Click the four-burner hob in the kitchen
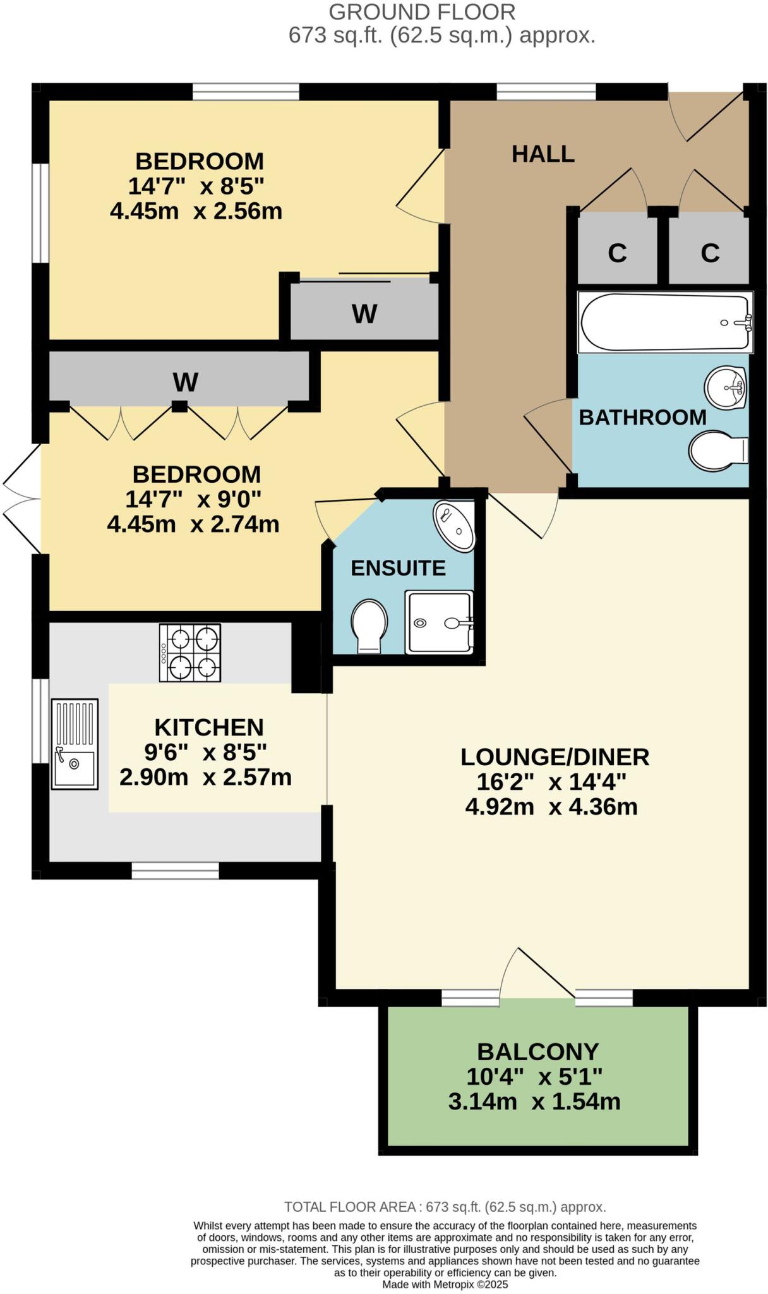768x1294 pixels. pyautogui.click(x=189, y=652)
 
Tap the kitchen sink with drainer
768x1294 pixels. pyautogui.click(x=75, y=744)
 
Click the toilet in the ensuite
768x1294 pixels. pyautogui.click(x=369, y=626)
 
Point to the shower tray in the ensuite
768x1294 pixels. pyautogui.click(x=439, y=622)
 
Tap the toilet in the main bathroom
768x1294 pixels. pyautogui.click(x=718, y=450)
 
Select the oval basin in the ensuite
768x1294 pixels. pyautogui.click(x=454, y=526)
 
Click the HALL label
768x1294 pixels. pyautogui.click(x=543, y=154)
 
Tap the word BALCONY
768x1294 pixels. pyautogui.click(x=537, y=1051)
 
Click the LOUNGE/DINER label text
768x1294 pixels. pyautogui.click(x=555, y=756)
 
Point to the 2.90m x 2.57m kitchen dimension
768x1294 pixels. pyautogui.click(x=205, y=777)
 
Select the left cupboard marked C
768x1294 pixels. pyautogui.click(x=617, y=253)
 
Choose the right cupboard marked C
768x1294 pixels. pyautogui.click(x=709, y=253)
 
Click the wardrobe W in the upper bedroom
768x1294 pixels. pyautogui.click(x=364, y=313)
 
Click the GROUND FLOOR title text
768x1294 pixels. pyautogui.click(x=422, y=11)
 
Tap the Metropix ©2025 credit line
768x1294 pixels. pyautogui.click(x=445, y=1285)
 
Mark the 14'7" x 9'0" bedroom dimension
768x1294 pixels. pyautogui.click(x=193, y=499)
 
